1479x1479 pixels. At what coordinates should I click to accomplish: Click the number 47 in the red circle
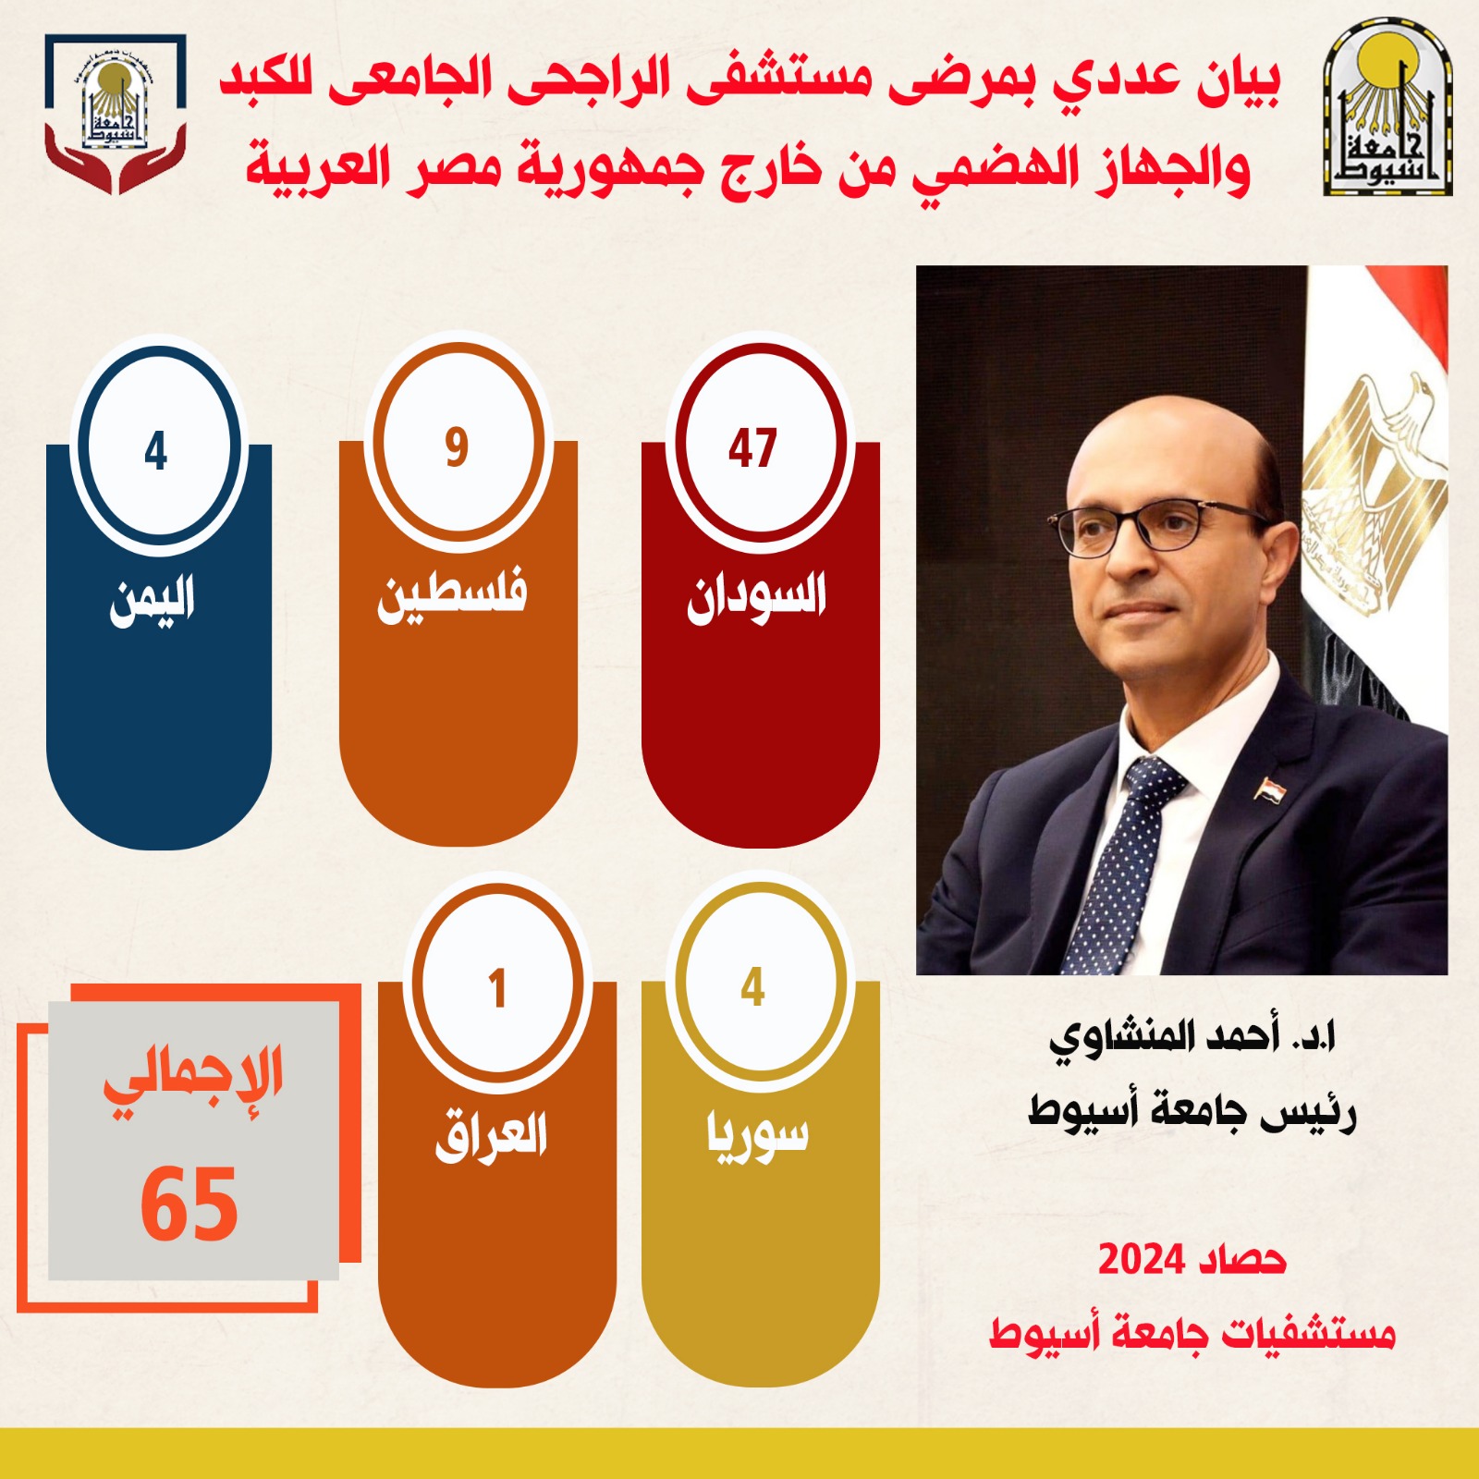(x=752, y=449)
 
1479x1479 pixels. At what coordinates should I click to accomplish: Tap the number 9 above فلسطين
(x=457, y=447)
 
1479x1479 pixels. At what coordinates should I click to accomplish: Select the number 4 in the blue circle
(x=156, y=451)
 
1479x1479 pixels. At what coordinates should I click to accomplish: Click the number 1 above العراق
(x=498, y=988)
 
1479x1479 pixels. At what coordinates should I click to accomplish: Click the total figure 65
(x=189, y=1204)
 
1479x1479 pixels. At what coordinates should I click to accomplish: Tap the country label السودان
(x=756, y=596)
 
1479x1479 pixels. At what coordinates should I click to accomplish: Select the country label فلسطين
(x=452, y=596)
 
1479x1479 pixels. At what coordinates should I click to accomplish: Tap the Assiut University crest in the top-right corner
(x=1387, y=111)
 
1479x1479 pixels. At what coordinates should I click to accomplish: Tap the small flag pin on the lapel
(x=1267, y=788)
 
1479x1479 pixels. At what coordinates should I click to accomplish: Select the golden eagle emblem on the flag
(x=1374, y=490)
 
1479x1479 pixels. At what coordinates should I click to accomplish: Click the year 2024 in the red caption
(x=1141, y=1259)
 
